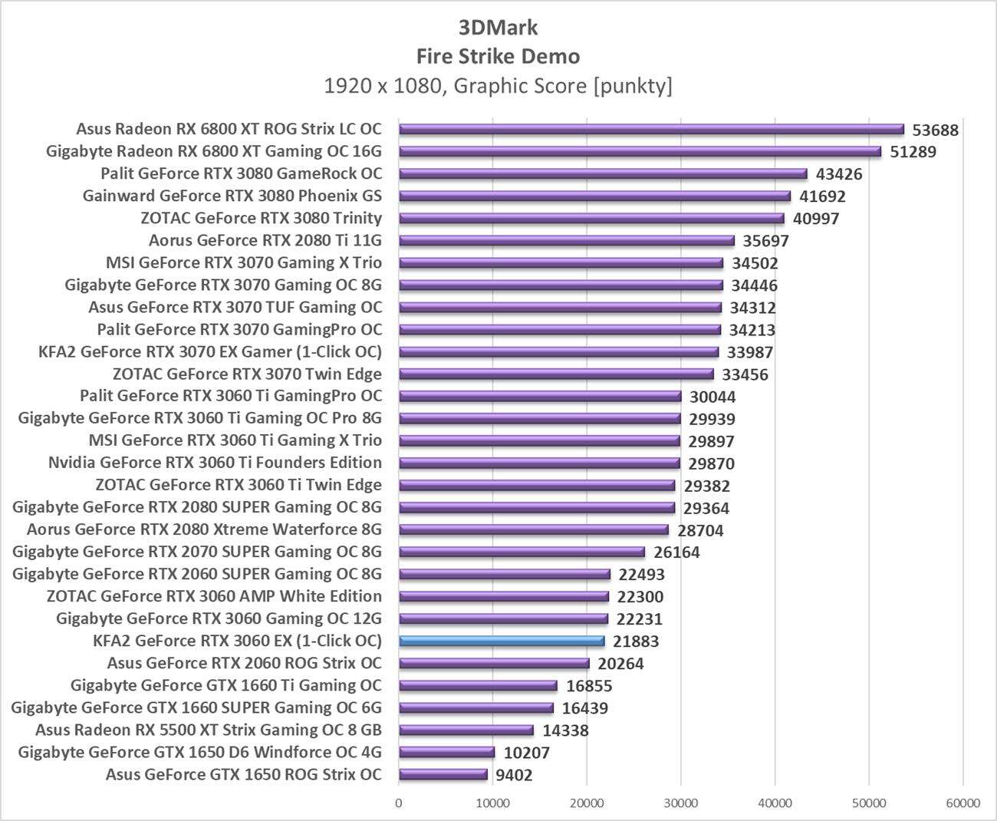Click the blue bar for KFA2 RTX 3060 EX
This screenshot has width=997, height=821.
(502, 641)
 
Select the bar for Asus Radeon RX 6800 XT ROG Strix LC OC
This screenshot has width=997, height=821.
(651, 130)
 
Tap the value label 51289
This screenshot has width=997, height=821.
(913, 152)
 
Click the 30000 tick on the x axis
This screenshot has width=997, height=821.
(680, 803)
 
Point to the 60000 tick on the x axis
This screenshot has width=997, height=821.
(962, 803)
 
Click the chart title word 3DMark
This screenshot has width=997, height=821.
(498, 28)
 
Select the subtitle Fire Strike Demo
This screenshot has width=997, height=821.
(498, 56)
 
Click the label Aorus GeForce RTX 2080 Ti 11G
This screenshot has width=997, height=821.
(265, 241)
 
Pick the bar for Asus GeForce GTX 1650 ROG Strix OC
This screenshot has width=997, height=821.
(443, 775)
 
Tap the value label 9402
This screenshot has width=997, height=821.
(514, 775)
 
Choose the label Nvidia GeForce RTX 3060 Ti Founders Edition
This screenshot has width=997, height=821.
(215, 463)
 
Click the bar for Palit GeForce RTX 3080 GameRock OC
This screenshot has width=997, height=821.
(603, 174)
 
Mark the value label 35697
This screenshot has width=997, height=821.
(765, 241)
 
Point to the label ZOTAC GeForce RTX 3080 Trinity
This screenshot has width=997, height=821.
(261, 219)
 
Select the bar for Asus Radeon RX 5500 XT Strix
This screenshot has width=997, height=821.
(466, 730)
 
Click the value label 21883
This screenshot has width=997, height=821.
(636, 641)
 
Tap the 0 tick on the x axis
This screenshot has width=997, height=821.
(398, 803)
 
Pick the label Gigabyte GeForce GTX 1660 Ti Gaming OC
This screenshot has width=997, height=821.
(225, 686)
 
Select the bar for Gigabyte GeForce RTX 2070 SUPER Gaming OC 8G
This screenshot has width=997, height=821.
(522, 552)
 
